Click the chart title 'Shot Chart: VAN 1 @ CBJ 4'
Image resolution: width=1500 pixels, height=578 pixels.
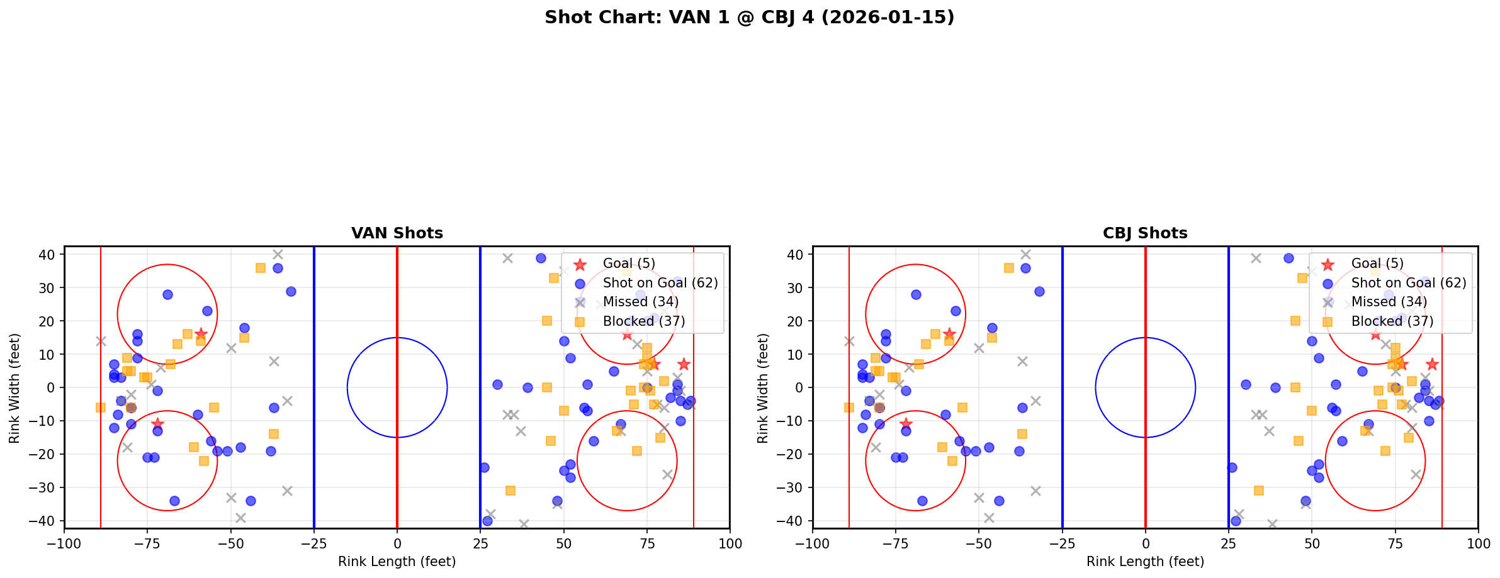[x=749, y=18]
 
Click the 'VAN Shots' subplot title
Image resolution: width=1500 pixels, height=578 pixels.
[x=397, y=233]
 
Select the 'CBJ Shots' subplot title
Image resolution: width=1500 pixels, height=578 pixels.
[x=1145, y=233]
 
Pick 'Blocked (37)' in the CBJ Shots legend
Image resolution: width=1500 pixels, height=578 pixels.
[x=1392, y=321]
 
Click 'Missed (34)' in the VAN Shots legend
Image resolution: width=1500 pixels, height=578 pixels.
[x=640, y=302]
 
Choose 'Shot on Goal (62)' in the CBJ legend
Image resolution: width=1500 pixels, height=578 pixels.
[x=1409, y=283]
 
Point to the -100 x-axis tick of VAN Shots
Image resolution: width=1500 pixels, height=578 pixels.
[x=65, y=543]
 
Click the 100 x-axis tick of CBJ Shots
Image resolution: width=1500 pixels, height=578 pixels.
[x=1478, y=543]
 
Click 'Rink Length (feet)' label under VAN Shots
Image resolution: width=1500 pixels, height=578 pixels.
[x=397, y=562]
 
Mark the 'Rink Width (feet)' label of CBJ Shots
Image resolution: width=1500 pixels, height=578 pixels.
[x=763, y=387]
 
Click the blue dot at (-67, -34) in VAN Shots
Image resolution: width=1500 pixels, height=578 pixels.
[x=174, y=501]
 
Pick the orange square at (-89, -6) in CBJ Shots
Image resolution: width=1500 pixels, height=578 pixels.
[x=849, y=408]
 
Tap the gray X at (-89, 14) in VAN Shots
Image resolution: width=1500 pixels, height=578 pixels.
[x=101, y=341]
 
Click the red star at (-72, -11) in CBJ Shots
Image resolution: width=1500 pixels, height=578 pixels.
[x=906, y=424]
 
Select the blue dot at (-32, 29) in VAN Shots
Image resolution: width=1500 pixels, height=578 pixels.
[x=291, y=291]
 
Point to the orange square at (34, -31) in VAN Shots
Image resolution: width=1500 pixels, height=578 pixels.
[x=510, y=491]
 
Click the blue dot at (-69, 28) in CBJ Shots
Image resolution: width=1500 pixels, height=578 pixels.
[x=916, y=294]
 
